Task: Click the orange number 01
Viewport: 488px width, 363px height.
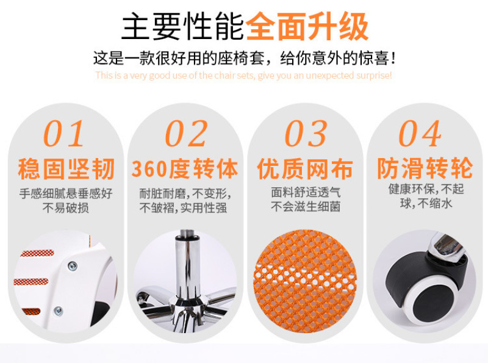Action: [64, 134]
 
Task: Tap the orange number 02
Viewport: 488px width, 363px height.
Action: [186, 134]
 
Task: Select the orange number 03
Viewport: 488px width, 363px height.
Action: [306, 134]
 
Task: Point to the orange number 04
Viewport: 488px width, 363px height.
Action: [420, 134]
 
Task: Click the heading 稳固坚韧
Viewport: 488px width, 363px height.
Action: [66, 169]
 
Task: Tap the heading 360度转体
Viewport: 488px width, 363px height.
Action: [185, 169]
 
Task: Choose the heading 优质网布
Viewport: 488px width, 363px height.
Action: [306, 169]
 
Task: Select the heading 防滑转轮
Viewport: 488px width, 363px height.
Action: [425, 168]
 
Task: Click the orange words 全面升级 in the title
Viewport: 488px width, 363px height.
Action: [307, 26]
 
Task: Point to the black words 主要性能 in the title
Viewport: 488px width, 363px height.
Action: [182, 26]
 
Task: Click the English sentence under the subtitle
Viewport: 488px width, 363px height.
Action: [243, 76]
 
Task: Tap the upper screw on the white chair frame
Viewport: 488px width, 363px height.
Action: [73, 266]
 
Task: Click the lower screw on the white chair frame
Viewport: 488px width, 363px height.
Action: [58, 311]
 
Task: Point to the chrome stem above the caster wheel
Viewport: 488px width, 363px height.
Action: [446, 245]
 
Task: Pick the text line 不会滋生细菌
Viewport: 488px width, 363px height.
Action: [306, 206]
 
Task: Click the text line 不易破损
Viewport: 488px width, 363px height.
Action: [66, 207]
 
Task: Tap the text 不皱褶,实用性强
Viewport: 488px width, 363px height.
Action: [184, 208]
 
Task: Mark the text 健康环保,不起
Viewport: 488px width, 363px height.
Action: [426, 189]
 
